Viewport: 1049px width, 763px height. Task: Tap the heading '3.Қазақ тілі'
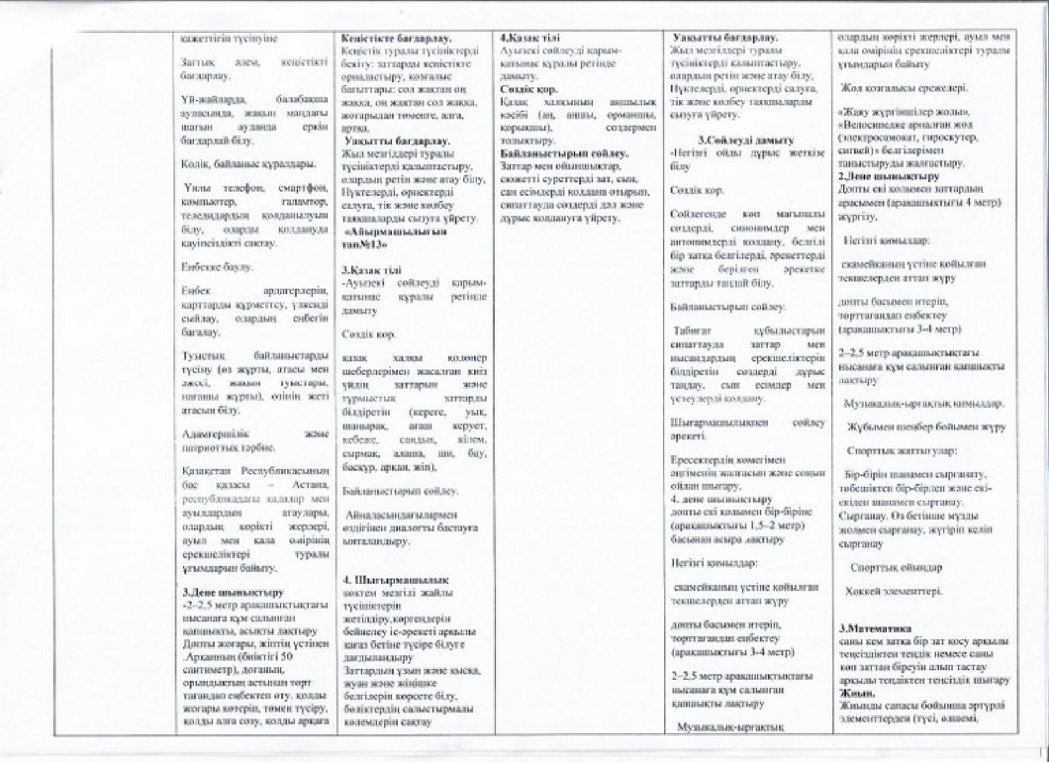point(372,270)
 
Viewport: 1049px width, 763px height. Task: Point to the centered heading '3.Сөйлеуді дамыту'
point(746,140)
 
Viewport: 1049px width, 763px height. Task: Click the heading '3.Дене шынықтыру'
point(233,593)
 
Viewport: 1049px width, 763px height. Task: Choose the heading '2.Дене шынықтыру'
point(889,176)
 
